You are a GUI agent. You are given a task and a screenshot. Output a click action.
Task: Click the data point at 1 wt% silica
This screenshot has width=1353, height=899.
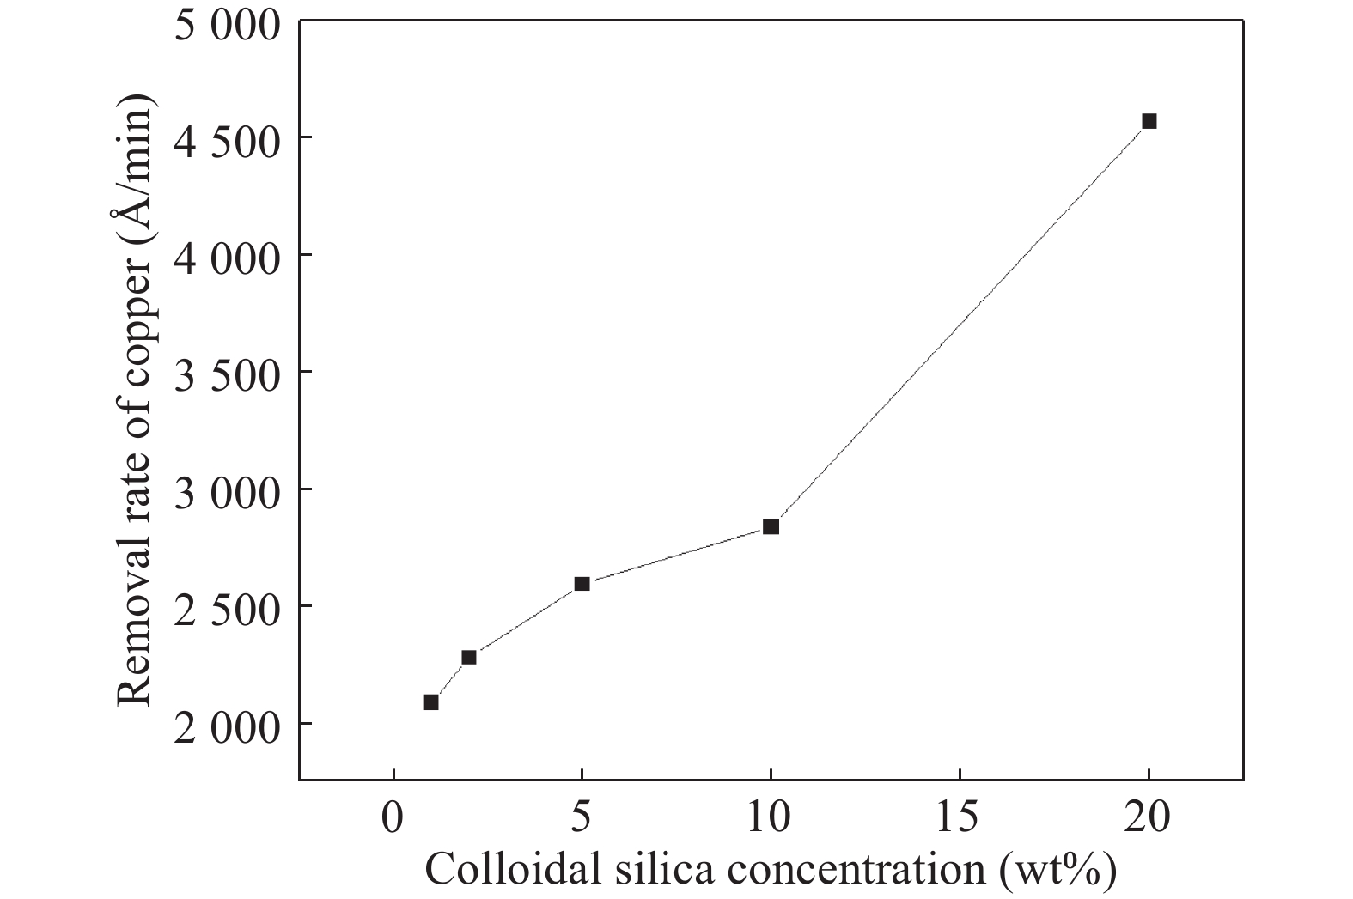coord(430,702)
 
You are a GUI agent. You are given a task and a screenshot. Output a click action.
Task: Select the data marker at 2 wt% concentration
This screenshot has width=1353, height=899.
coord(468,657)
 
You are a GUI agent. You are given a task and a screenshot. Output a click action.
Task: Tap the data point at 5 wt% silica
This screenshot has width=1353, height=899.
coord(582,584)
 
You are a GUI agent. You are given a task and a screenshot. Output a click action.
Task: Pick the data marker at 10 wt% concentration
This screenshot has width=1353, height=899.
coord(771,526)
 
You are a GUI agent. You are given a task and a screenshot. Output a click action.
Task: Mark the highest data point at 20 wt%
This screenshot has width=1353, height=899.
coord(1149,121)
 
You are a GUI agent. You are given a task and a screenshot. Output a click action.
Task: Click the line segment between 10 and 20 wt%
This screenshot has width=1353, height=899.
coord(960,324)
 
